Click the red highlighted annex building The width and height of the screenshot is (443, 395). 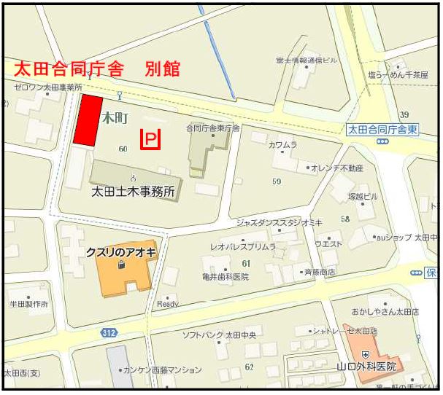pos(88,121)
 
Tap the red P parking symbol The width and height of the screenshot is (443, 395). pos(150,138)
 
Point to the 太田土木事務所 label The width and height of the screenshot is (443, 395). pos(133,192)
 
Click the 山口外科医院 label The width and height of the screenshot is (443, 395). pos(366,366)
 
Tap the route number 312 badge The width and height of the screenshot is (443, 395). pos(109,332)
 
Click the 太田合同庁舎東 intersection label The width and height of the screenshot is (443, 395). pos(382,130)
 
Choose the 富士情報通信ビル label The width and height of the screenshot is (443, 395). pos(307,60)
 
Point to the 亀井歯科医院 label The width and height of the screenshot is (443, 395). pos(225,277)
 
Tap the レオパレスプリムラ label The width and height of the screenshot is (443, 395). pos(243,247)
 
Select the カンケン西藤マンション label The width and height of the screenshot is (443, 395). pos(162,370)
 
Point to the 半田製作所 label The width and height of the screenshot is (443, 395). pos(28,304)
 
